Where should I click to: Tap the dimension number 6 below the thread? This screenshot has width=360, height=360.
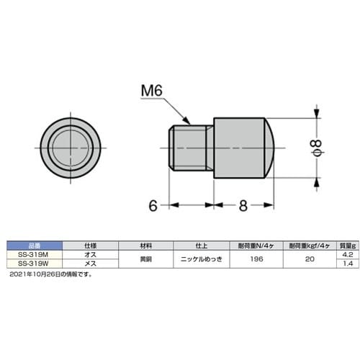pos(153,205)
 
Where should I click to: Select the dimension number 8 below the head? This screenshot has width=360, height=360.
pos(243,205)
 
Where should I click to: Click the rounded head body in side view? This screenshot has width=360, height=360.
pos(242,147)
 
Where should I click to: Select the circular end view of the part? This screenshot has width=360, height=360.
pos(70,148)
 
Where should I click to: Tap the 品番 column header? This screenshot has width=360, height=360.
pos(34,245)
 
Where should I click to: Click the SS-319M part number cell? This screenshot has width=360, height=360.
pos(34,254)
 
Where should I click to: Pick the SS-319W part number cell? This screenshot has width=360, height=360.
pos(34,264)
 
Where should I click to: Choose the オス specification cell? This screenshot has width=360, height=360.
pos(91,254)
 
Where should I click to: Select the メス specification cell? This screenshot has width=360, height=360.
pos(91,264)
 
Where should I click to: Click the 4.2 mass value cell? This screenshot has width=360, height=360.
pos(347,254)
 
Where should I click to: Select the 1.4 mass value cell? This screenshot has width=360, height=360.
pos(347,264)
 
